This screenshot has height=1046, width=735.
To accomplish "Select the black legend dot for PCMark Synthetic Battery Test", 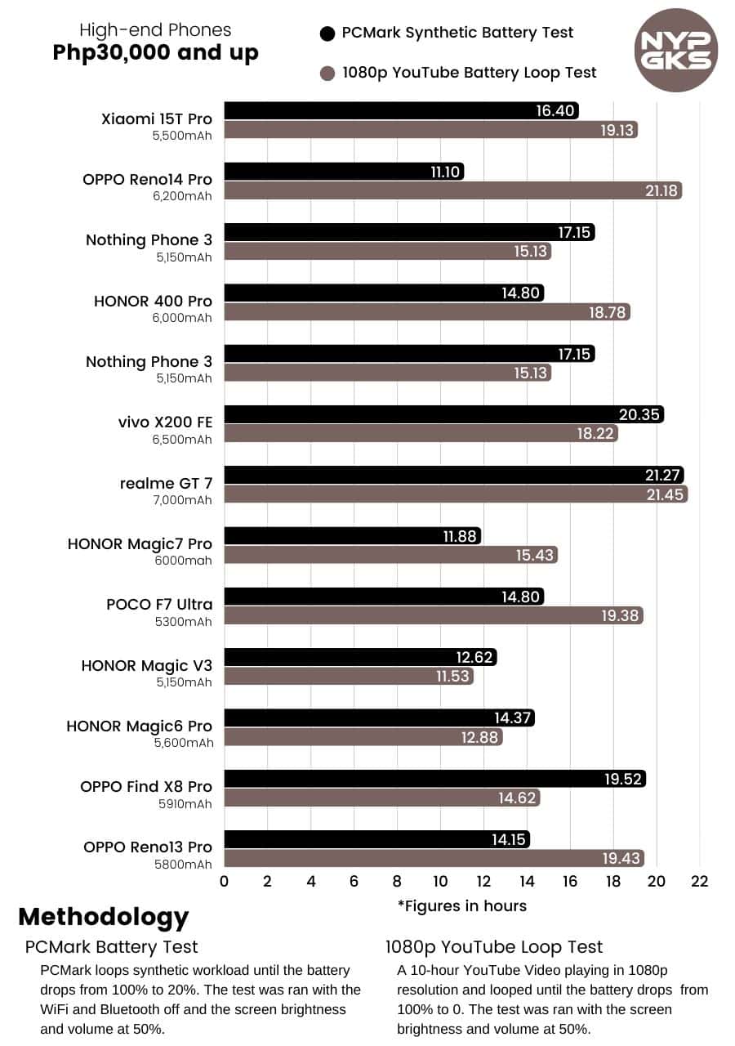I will tap(327, 34).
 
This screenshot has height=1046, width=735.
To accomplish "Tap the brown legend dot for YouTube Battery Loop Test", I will tap(327, 74).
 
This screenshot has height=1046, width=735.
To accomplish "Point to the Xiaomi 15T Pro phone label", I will tap(156, 118).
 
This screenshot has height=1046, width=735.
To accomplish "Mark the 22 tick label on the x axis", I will tap(698, 881).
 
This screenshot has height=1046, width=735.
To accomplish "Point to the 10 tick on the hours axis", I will tap(440, 881).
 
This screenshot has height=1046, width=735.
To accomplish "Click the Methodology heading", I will tap(103, 917).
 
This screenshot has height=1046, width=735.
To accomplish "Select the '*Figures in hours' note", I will tap(461, 905).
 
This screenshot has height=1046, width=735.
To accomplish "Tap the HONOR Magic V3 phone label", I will tap(146, 665).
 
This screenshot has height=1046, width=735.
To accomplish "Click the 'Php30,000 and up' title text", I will tap(155, 53).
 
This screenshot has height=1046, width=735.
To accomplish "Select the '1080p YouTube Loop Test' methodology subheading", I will tap(494, 947).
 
